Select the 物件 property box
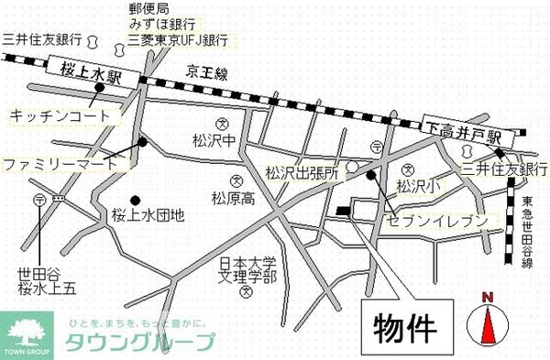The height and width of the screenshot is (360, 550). coord(403,324)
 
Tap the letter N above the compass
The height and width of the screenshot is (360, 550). coord(489,296)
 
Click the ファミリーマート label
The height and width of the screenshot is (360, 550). coord(60,164)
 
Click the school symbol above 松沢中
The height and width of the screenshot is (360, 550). coord(221,125)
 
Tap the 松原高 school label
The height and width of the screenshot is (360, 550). coord(233,198)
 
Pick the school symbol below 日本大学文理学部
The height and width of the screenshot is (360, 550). coord(246,293)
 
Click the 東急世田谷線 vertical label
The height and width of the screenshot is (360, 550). coord(526,235)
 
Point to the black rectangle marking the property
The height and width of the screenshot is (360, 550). coord(343,212)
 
